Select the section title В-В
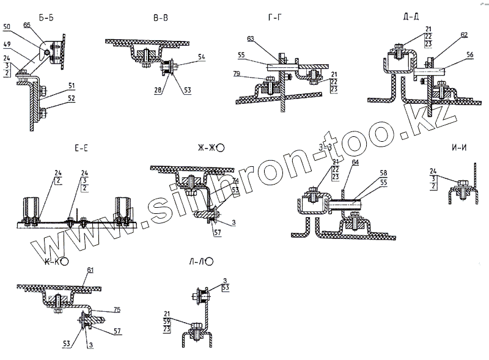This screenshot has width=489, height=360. (x=161, y=19)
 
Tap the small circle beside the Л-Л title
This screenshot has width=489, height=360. (x=210, y=261)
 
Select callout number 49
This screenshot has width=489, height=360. (x=7, y=45)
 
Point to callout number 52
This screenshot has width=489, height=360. (x=71, y=97)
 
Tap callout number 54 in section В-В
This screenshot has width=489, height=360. (x=202, y=56)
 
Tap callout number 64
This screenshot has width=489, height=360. (x=355, y=162)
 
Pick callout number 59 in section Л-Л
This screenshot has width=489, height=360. (x=167, y=320)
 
